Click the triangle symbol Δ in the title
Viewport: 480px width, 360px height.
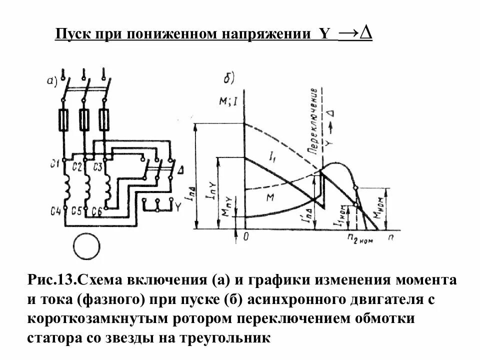pyautogui.click(x=366, y=33)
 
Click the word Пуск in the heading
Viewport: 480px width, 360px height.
pyautogui.click(x=71, y=34)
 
